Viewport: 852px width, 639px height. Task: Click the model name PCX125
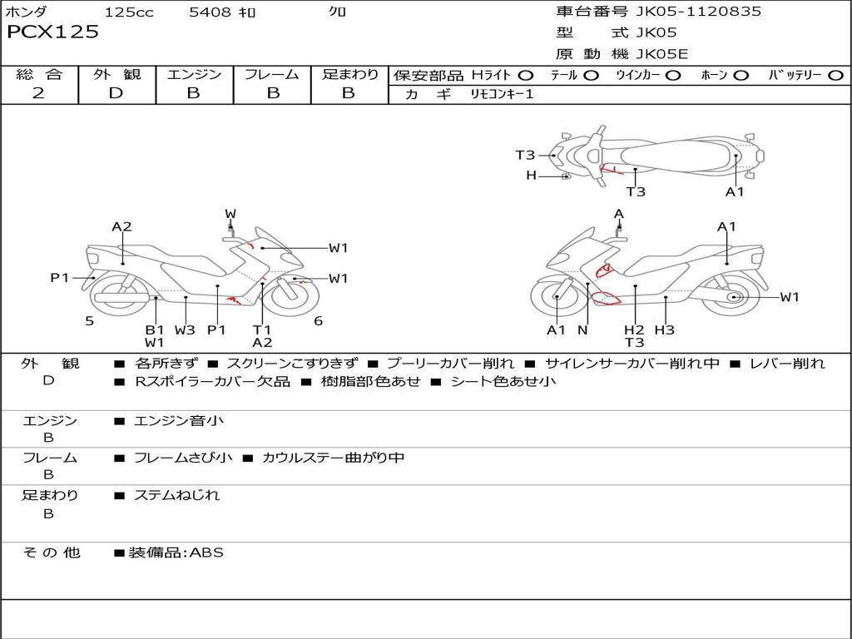[53, 32]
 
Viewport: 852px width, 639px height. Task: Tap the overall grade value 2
[39, 93]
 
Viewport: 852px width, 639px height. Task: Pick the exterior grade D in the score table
[116, 93]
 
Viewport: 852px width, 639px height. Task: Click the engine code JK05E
[662, 55]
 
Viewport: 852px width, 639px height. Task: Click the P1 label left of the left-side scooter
[60, 278]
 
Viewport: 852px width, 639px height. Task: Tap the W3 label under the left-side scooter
[185, 329]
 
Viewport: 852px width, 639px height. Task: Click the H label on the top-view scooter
[531, 176]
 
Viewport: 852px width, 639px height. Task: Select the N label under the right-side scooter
[582, 329]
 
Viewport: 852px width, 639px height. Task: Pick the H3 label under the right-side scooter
[664, 329]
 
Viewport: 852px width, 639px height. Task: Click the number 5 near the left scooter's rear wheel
[89, 321]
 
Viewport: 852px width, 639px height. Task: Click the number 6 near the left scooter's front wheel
[318, 321]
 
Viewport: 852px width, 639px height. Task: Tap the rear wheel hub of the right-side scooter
[734, 297]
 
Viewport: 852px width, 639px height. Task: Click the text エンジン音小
[179, 421]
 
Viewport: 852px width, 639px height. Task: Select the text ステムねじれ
[177, 495]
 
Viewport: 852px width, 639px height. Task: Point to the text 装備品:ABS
[176, 552]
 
